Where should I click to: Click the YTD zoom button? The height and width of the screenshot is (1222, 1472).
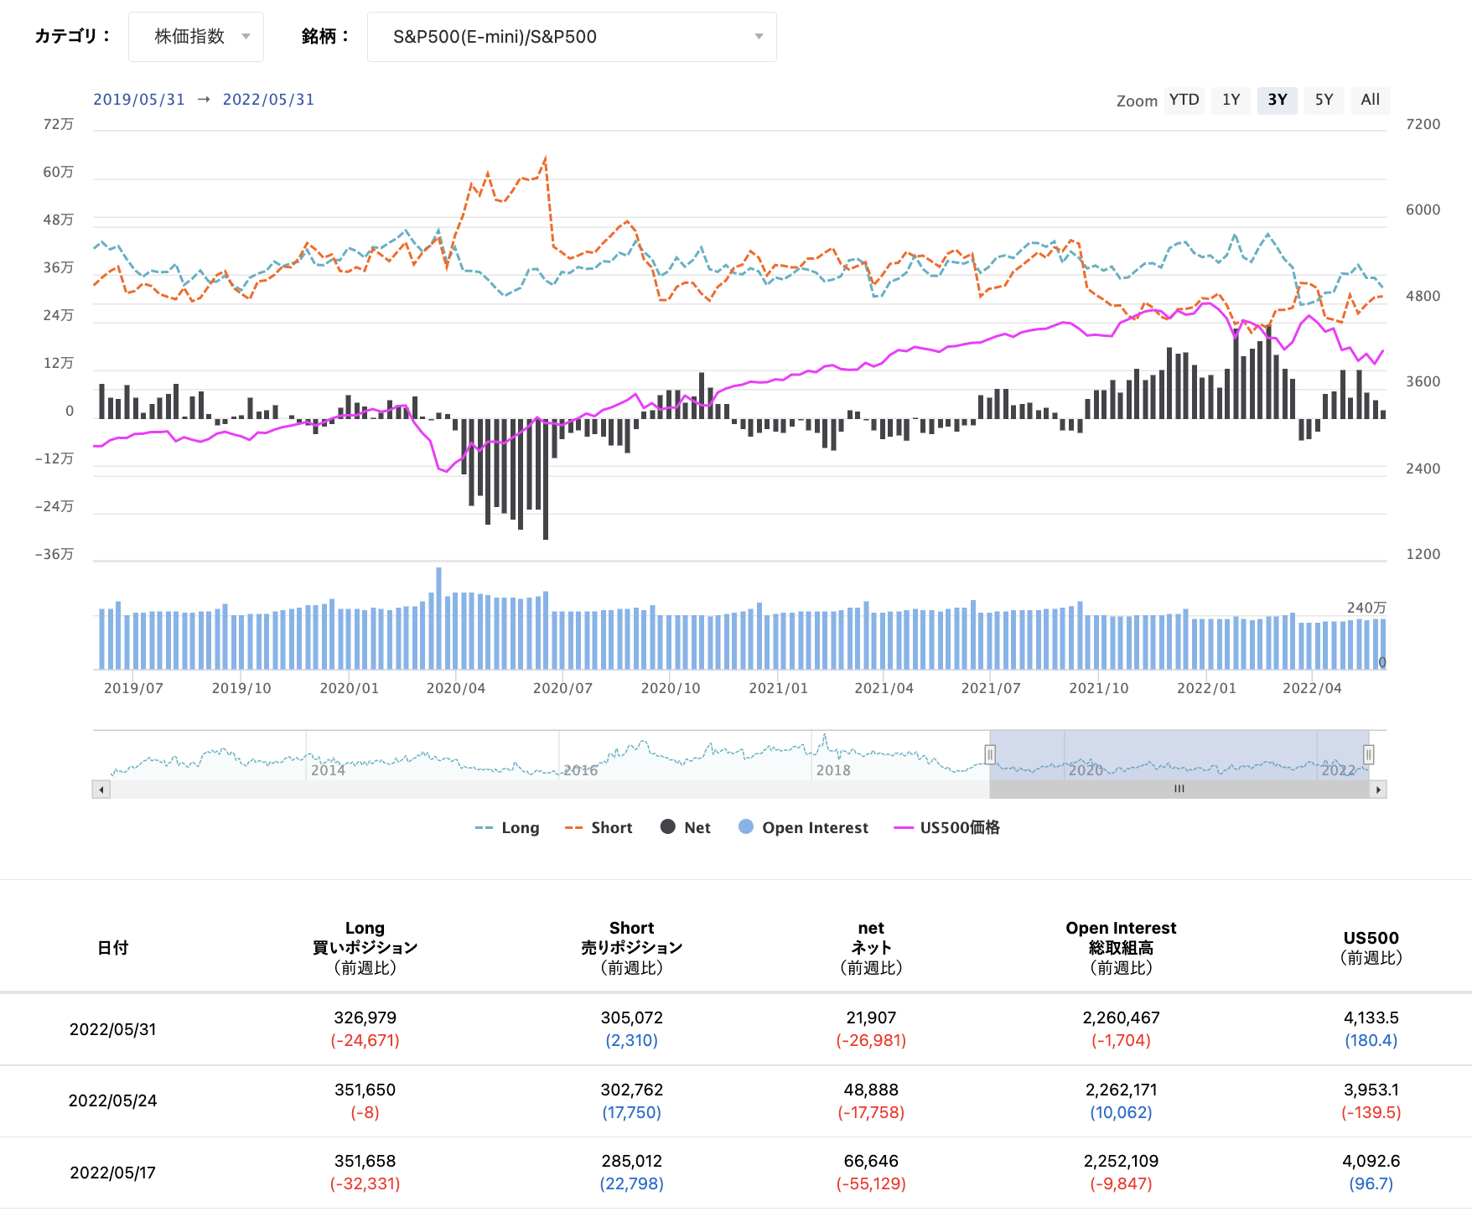point(1184,101)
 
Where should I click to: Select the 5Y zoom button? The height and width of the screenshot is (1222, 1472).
point(1324,101)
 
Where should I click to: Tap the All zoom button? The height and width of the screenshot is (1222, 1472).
point(1370,101)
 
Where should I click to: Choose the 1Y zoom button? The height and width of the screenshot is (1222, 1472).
point(1231,101)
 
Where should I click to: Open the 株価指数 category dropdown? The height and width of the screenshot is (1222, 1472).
point(196,37)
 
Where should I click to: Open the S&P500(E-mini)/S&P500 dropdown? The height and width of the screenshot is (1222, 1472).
point(572,37)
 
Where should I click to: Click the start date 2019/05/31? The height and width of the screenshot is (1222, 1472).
point(139,100)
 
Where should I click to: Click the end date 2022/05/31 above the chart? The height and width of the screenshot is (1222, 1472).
point(268,100)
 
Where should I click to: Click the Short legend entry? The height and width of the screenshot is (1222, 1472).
point(599,828)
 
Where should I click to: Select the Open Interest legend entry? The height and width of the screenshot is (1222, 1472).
point(803,828)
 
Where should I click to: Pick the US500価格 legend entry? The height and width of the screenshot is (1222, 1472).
point(946,828)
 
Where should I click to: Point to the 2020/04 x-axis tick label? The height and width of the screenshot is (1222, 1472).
point(456,688)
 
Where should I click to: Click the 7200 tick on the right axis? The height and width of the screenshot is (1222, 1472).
point(1423,124)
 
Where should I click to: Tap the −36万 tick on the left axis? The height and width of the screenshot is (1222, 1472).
point(54,554)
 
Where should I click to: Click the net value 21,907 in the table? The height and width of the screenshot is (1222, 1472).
point(871,1017)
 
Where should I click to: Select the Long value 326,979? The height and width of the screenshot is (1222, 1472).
point(365,1017)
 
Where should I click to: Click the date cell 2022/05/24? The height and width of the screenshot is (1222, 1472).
point(112,1100)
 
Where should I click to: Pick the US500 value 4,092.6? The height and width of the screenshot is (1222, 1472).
point(1371,1161)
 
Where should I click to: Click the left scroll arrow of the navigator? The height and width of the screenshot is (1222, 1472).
point(101,790)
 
